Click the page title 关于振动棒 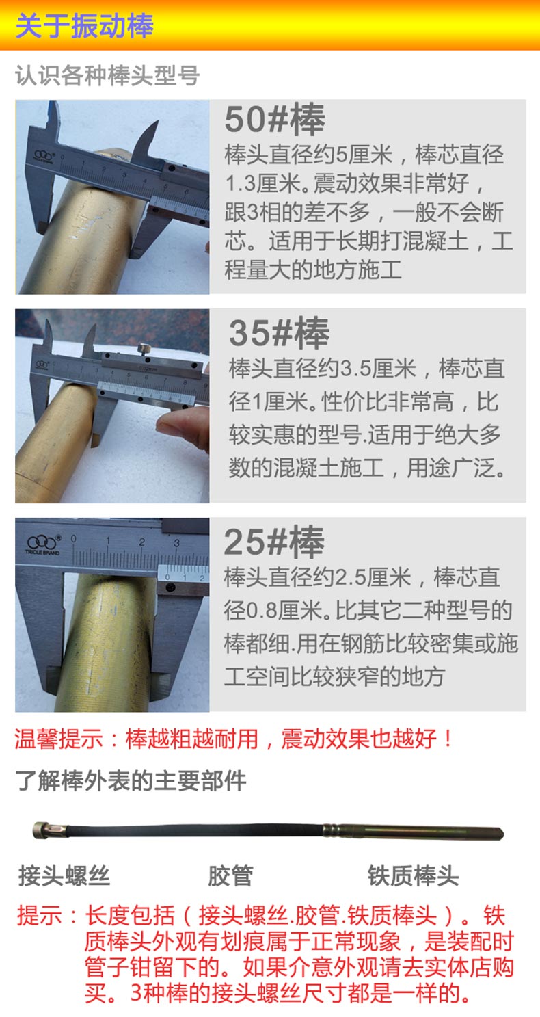coord(84,25)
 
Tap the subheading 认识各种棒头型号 coord(107,75)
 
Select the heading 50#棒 coord(275,120)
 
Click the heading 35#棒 coord(279,333)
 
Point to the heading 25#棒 coord(274,542)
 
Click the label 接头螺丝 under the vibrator coord(64,875)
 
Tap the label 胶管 coord(230,875)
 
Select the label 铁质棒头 coord(414,875)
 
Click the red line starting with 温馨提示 coord(234,739)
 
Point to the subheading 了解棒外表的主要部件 coord(131,780)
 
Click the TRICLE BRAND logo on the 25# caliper coord(42,544)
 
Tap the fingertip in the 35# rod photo coord(170,426)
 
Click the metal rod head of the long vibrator coord(413,832)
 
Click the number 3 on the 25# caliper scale coord(176,542)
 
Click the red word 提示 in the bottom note coord(39,915)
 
